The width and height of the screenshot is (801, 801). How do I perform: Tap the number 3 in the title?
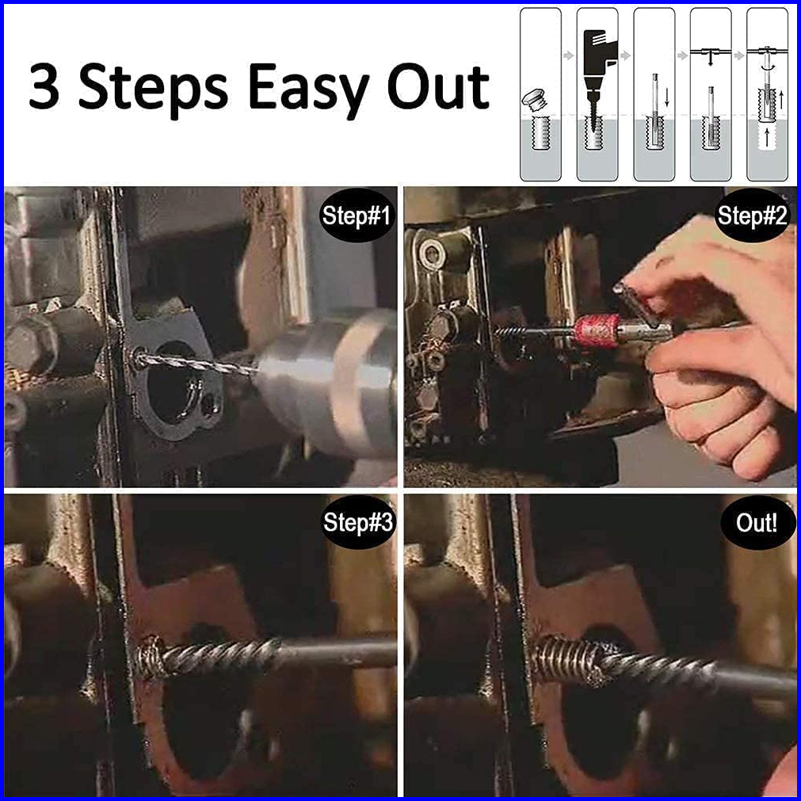[44, 86]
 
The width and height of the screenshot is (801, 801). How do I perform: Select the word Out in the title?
[438, 86]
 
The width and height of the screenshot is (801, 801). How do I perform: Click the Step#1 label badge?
[357, 215]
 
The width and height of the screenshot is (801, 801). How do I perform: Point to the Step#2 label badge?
[752, 215]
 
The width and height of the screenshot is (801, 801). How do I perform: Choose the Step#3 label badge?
[357, 522]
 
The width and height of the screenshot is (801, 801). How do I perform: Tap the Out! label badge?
[757, 523]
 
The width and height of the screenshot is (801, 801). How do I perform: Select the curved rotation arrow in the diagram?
[767, 69]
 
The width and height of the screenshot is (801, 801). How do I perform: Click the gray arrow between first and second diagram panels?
[569, 55]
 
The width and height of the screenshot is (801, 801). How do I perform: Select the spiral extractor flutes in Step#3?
[219, 657]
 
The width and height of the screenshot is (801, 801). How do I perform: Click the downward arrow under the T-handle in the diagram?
[711, 59]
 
